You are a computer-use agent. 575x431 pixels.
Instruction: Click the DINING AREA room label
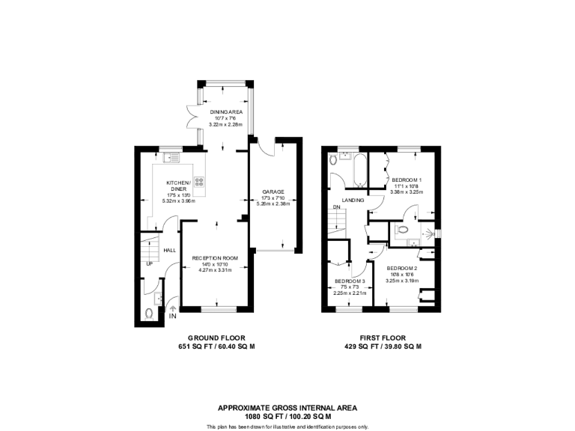[x=225, y=111]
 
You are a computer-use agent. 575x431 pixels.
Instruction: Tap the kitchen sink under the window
[x=171, y=157]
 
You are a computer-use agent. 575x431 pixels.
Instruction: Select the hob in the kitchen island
[x=200, y=180]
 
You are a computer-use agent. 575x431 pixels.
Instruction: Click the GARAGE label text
[x=273, y=191]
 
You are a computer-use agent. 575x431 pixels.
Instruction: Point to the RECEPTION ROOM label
[x=215, y=258]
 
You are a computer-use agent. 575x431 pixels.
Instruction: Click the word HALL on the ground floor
[x=170, y=250]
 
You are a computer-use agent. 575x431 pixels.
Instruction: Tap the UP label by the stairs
[x=149, y=263]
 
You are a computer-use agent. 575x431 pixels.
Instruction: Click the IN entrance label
[x=173, y=317]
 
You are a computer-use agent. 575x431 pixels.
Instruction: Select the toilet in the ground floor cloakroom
[x=149, y=314]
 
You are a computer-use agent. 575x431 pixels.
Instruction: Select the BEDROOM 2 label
[x=402, y=268]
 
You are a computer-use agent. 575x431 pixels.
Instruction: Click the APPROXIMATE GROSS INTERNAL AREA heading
[x=287, y=408]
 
